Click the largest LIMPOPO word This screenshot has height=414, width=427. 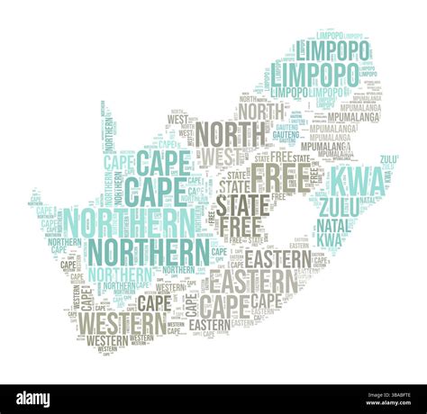pyautogui.click(x=313, y=73)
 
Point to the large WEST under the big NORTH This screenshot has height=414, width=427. pyautogui.click(x=221, y=156)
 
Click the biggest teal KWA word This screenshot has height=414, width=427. pyautogui.click(x=358, y=181)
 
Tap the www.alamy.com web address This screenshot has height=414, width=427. pyautogui.click(x=382, y=404)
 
